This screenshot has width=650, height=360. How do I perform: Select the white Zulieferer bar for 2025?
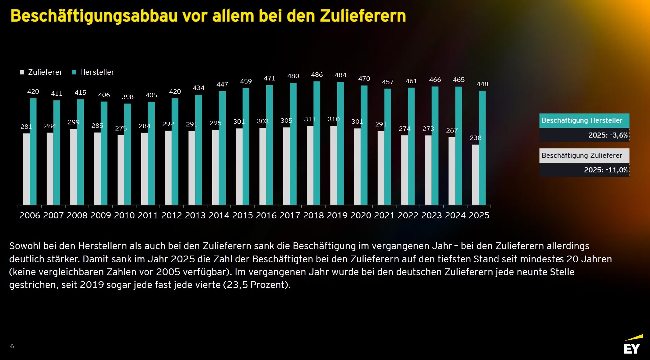click(x=475, y=175)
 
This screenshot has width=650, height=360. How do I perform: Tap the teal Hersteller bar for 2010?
click(x=128, y=154)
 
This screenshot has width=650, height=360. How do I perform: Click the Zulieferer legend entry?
click(x=41, y=72)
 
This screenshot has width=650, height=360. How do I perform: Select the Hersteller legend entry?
click(x=93, y=72)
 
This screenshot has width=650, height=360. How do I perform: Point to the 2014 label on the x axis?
click(x=219, y=215)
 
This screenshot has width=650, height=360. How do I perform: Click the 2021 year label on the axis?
click(x=384, y=215)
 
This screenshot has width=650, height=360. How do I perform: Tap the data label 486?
click(x=317, y=75)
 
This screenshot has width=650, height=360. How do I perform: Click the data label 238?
click(x=475, y=138)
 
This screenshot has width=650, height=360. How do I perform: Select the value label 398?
click(x=128, y=97)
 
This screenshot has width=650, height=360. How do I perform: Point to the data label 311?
click(x=310, y=119)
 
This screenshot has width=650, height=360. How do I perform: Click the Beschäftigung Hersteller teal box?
click(x=584, y=120)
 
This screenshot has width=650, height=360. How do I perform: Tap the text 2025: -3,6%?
click(x=608, y=135)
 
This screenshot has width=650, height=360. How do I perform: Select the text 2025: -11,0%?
click(x=605, y=170)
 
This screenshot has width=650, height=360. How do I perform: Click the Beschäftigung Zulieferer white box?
click(x=584, y=155)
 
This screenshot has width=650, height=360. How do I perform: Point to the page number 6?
click(x=12, y=346)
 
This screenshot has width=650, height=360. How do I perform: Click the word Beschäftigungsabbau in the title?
click(x=94, y=16)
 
